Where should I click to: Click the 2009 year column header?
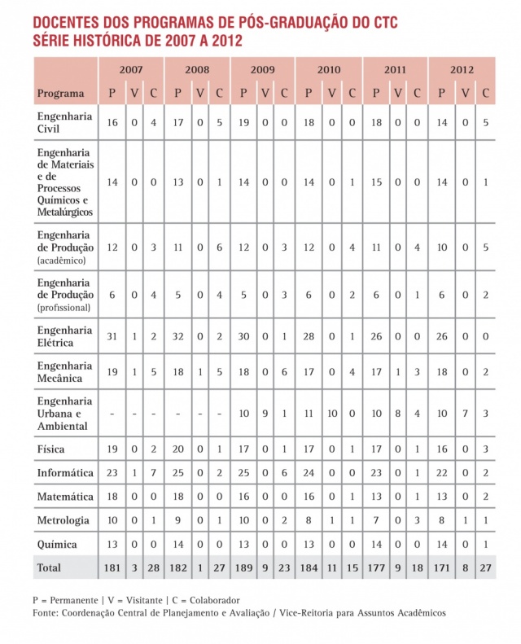tap(262, 70)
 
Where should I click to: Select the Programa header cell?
tap(59, 93)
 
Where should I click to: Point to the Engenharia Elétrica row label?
tap(64, 336)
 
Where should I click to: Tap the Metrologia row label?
tap(63, 519)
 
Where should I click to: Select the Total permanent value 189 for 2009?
tap(243, 566)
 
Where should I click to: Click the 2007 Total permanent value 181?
tap(112, 566)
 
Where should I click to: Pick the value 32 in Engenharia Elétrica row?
tap(177, 336)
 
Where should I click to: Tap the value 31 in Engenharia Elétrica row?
tap(112, 336)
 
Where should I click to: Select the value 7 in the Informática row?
tap(153, 472)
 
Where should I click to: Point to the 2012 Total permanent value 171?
tap(441, 566)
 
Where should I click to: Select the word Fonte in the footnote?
tap(48, 612)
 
